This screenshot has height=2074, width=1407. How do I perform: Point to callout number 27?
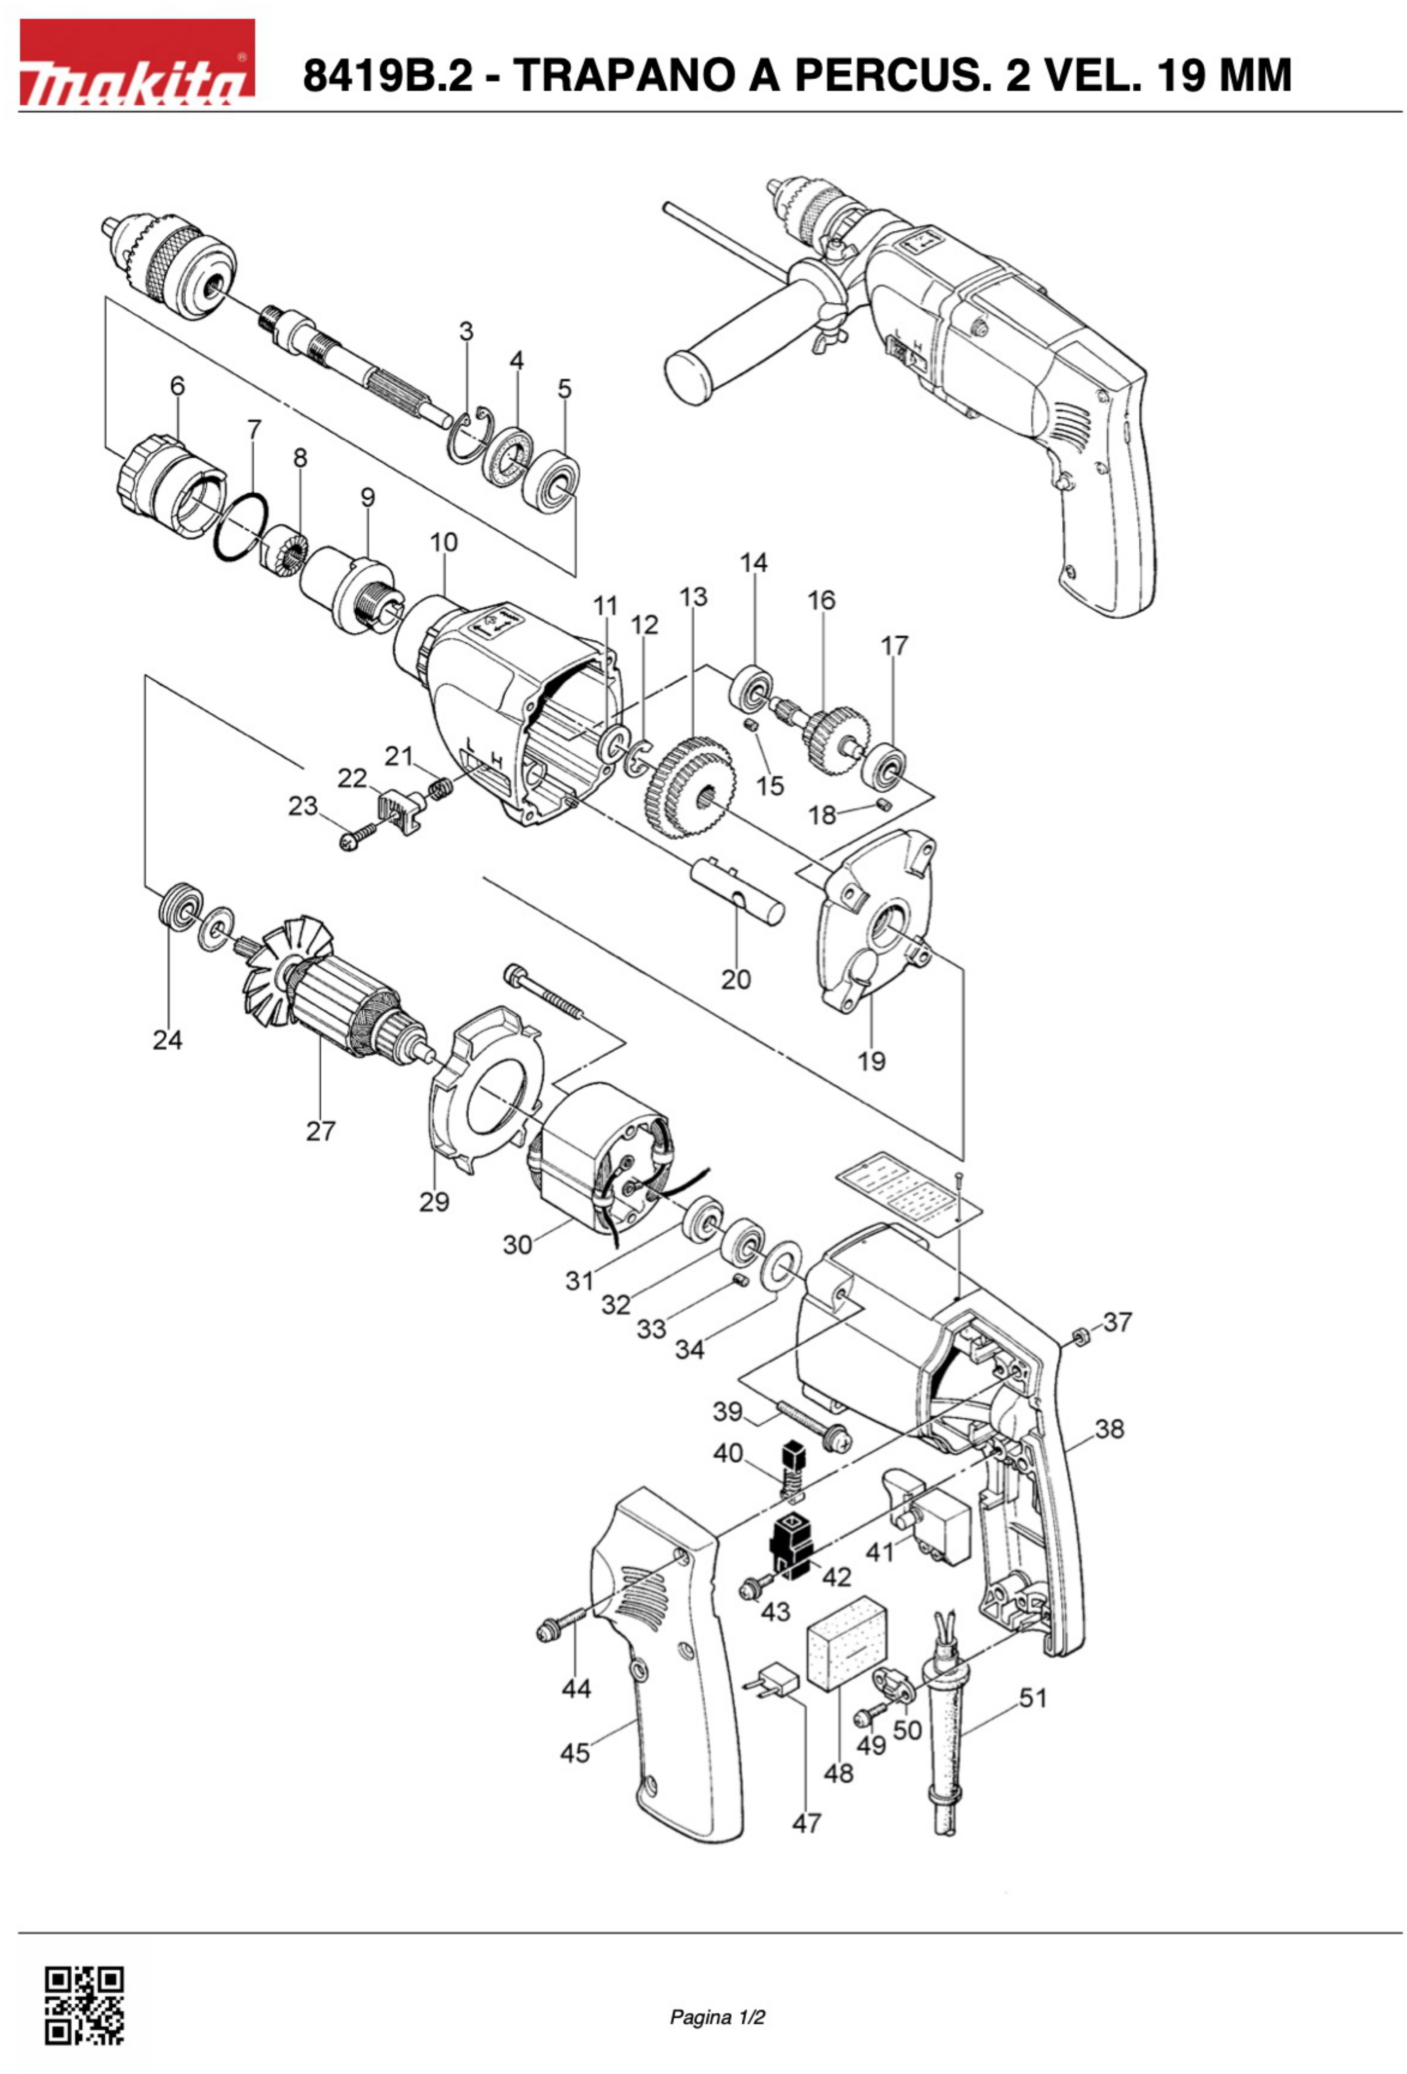click(x=320, y=1131)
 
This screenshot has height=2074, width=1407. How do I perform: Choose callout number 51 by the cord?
click(x=1032, y=1697)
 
